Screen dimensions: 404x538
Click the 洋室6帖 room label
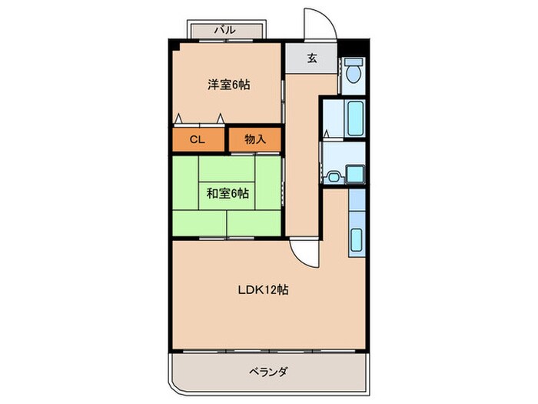pyautogui.click(x=228, y=85)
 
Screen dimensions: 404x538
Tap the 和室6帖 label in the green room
pyautogui.click(x=227, y=193)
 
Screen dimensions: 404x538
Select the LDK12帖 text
pyautogui.click(x=262, y=291)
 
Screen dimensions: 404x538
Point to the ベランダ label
pyautogui.click(x=268, y=372)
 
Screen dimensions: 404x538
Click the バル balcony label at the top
pyautogui.click(x=224, y=30)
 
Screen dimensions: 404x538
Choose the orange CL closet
pyautogui.click(x=198, y=140)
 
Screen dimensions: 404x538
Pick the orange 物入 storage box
pyautogui.click(x=254, y=139)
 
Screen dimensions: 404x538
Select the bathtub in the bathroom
pyautogui.click(x=354, y=119)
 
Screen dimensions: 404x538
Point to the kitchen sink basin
pyautogui.click(x=357, y=240)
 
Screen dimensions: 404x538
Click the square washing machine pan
pyautogui.click(x=354, y=175)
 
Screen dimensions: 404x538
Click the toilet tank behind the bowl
pyautogui.click(x=354, y=62)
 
